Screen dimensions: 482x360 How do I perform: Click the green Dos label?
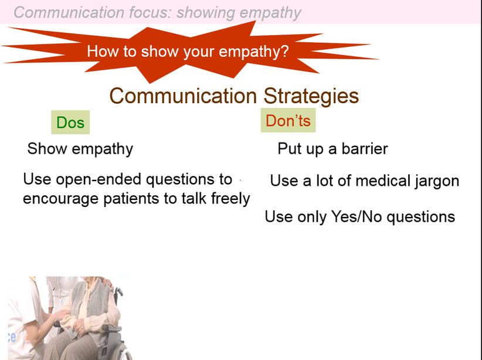pos(70,123)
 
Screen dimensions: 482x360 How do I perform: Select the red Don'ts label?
pos(288,120)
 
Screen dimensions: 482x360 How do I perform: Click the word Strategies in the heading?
pos(311,96)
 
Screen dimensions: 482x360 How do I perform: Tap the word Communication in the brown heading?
pos(183,96)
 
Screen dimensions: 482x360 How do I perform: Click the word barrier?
pos(365,149)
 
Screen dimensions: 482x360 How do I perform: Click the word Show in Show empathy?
pos(47,149)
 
